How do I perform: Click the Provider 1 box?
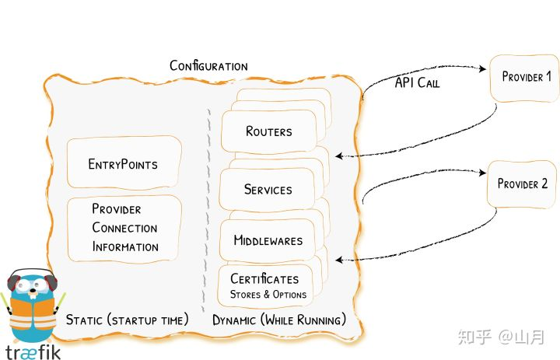pos(527,78)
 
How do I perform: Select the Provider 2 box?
pos(522,184)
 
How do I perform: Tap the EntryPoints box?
pos(123,164)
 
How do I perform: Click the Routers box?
pos(268,131)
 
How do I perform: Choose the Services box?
pos(268,190)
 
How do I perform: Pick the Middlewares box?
pos(268,240)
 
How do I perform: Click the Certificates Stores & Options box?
pos(269,286)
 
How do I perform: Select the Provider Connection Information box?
pos(124,228)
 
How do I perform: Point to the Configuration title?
pos(208,66)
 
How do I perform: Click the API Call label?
pos(417,82)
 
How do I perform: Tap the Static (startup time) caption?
pos(128,320)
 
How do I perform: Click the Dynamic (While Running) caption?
pos(279,320)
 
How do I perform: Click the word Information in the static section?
pos(125,247)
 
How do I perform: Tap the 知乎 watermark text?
pos(474,337)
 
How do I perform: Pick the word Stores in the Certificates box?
pos(246,295)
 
